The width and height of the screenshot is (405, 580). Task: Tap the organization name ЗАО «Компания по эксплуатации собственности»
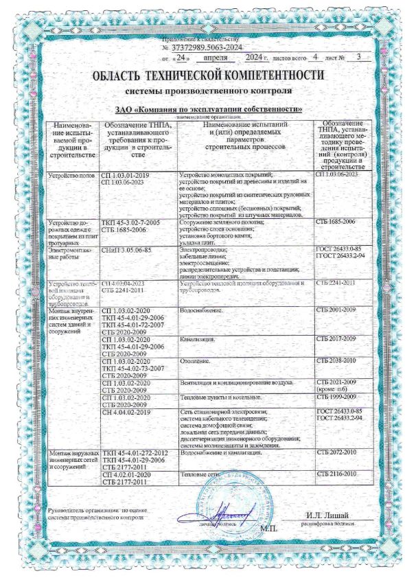[x=202, y=109]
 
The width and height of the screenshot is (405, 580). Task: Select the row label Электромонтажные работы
[x=69, y=254]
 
